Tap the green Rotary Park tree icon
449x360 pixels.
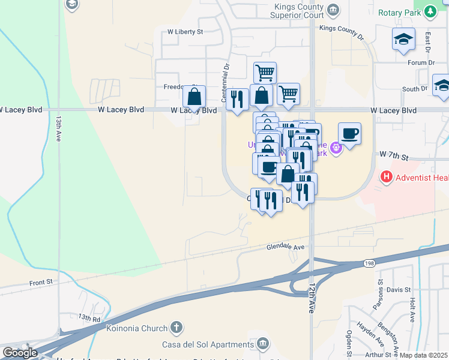click(x=430, y=12)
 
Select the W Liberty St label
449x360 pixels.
click(x=185, y=31)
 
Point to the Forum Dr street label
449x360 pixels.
click(x=421, y=62)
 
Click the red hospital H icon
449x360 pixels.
click(x=386, y=177)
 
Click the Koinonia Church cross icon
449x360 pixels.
click(x=175, y=328)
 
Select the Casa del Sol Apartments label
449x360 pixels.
click(x=208, y=344)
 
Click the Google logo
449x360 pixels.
click(x=19, y=353)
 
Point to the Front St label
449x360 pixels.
click(x=41, y=281)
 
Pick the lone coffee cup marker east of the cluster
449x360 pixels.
click(x=349, y=133)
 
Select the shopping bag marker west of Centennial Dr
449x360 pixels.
click(x=194, y=96)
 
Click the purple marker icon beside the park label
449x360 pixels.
click(x=335, y=145)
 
